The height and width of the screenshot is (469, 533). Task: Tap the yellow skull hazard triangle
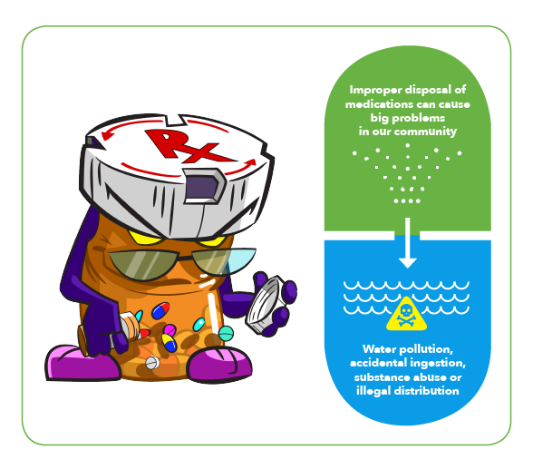tap(406, 315)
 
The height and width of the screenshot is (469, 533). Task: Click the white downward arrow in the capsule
tap(408, 243)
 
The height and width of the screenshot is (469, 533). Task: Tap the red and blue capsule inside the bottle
tap(160, 310)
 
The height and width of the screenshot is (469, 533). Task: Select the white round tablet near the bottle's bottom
tap(152, 363)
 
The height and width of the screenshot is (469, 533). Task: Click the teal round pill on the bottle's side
tap(226, 333)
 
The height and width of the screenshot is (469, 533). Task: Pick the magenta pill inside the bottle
tap(170, 329)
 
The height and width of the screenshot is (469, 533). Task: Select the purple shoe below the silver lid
tap(219, 365)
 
